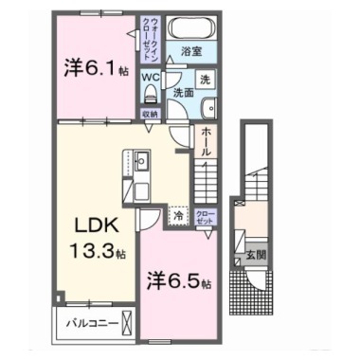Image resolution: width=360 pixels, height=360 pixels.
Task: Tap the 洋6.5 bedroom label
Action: pos(178,281)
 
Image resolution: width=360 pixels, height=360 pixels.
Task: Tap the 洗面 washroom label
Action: pos(183,94)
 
